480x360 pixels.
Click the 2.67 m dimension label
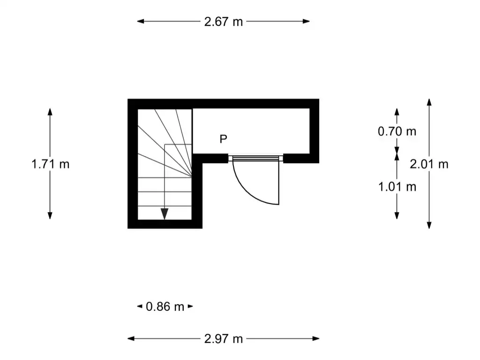point(224,22)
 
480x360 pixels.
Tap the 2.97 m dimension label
point(224,339)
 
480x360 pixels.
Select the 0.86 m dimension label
point(165,307)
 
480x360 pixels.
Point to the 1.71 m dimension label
point(51,165)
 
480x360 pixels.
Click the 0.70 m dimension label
point(397,131)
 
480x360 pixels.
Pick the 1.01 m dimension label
point(397,187)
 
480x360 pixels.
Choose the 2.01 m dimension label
point(429,165)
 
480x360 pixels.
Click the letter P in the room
point(224,139)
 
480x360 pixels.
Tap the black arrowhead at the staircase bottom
point(165,214)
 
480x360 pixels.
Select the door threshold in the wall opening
point(255,158)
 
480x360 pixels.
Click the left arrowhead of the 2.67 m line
point(141,21)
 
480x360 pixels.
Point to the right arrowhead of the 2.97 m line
point(315,338)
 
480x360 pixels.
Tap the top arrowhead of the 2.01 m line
point(429,103)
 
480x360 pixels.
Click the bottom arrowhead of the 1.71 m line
point(50,216)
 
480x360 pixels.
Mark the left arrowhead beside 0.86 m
point(140,306)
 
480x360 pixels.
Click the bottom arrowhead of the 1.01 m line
point(397,216)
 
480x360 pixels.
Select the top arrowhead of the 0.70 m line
point(397,112)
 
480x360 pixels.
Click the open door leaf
point(279,183)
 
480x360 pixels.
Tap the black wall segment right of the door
point(301,158)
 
